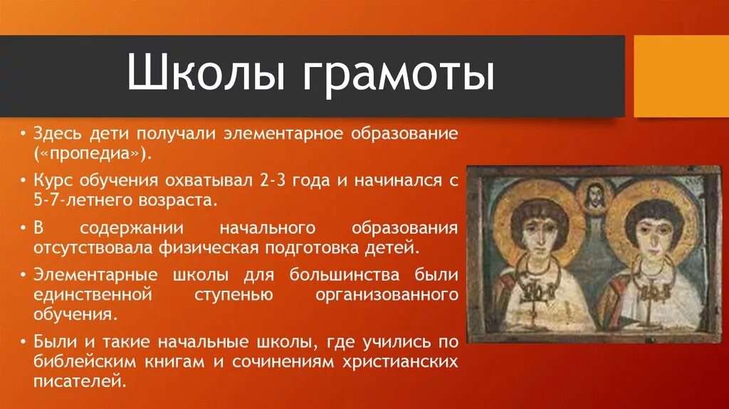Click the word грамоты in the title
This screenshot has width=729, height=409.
point(397,76)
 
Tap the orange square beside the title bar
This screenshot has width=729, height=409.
point(681,76)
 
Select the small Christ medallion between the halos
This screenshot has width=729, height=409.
point(594,195)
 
